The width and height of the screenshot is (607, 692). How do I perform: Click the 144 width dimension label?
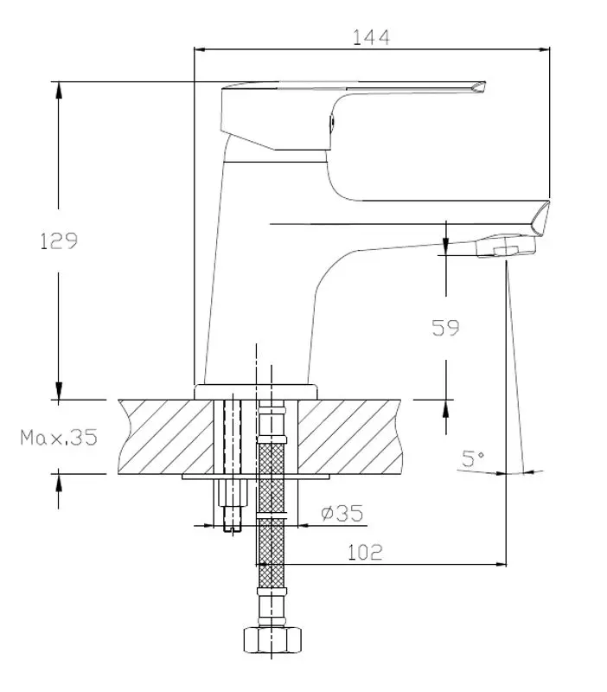[371, 36]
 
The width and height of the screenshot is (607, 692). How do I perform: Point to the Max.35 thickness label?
[59, 437]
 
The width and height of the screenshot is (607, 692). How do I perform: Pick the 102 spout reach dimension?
[365, 552]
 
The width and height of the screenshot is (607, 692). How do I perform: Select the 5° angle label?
[472, 459]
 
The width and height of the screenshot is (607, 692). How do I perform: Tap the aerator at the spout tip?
[506, 249]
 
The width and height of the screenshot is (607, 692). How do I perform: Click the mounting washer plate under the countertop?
[257, 476]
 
